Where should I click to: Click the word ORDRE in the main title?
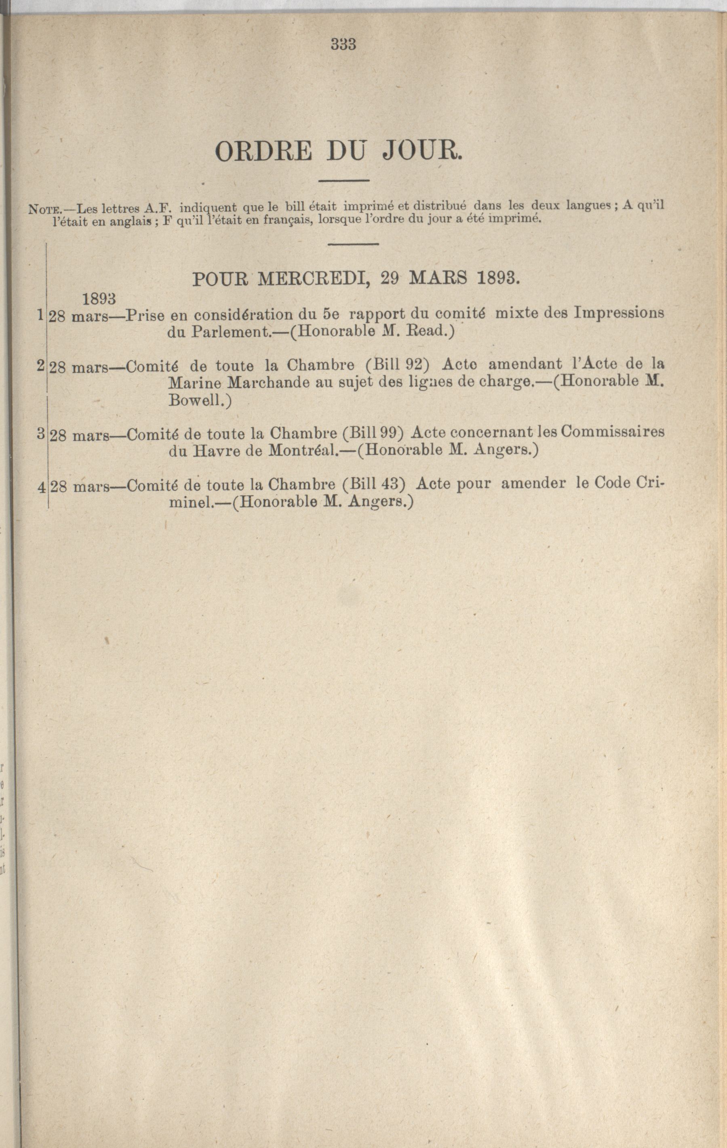(264, 153)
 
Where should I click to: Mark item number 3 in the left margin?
(40, 434)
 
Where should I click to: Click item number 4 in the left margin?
(42, 487)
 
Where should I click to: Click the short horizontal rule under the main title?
(343, 180)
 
